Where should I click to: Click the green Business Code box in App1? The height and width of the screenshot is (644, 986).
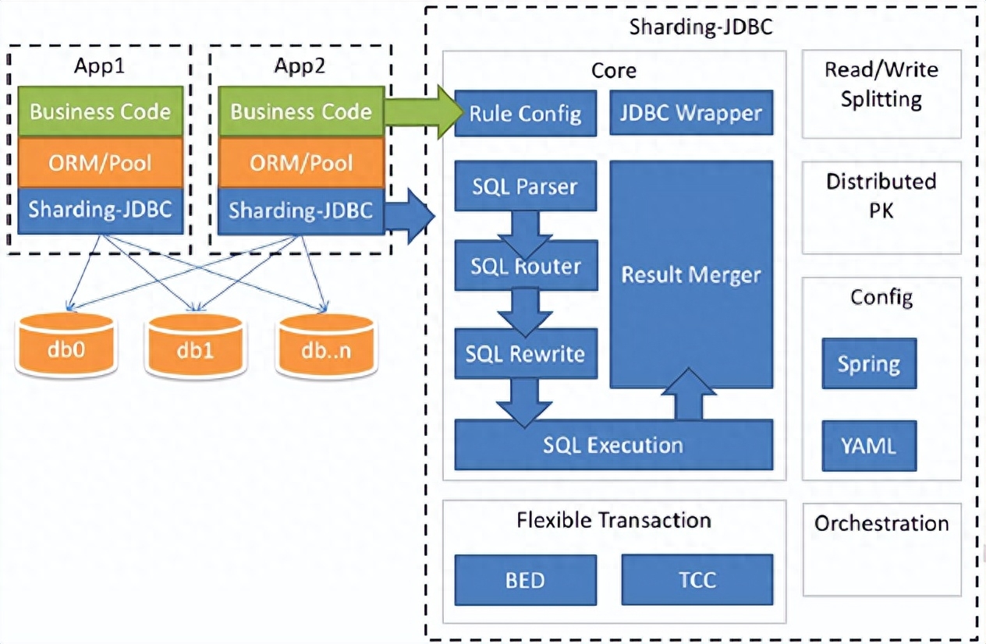tap(100, 111)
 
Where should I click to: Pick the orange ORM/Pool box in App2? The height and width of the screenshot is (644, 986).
tap(300, 162)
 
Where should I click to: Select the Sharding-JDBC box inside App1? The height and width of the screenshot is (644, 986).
tap(100, 210)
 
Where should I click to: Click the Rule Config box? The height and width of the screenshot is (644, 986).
tap(525, 114)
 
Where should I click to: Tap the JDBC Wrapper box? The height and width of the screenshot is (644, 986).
tap(690, 114)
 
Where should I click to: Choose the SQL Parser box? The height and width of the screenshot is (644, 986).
tap(525, 187)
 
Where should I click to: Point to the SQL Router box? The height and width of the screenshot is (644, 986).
tap(525, 267)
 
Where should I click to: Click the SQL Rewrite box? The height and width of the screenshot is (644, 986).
tap(525, 353)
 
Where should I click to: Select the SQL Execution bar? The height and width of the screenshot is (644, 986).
tap(613, 445)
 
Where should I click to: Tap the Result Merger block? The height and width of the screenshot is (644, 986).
tap(690, 274)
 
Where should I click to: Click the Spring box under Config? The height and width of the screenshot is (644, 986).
tap(868, 364)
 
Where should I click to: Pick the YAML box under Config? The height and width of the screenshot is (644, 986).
tap(868, 445)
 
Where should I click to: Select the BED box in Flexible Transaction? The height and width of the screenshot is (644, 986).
tap(525, 580)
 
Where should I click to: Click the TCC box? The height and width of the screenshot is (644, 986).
tap(697, 580)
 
